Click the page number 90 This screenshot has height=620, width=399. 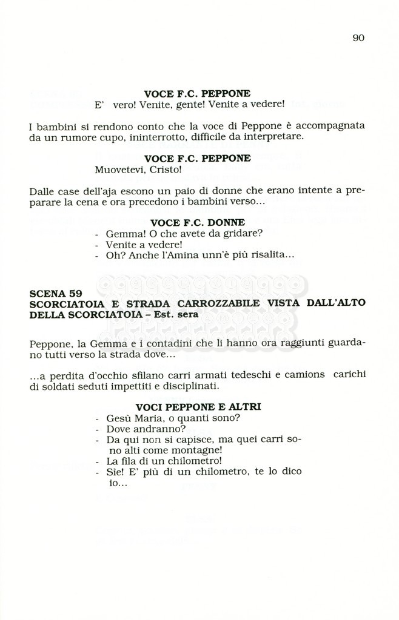pyautogui.click(x=358, y=38)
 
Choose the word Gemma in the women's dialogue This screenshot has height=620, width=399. pyautogui.click(x=120, y=233)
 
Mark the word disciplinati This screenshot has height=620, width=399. pyautogui.click(x=189, y=386)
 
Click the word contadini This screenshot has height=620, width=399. pyautogui.click(x=129, y=343)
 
